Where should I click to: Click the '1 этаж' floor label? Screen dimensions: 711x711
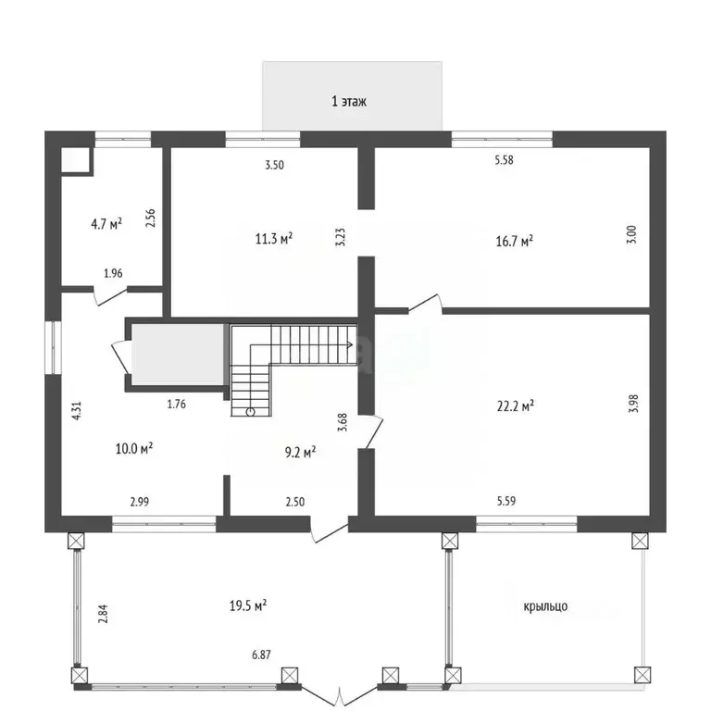349,101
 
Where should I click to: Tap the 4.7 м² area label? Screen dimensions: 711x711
106,223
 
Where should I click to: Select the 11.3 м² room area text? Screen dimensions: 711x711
274,238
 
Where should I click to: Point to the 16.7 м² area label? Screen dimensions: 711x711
514,241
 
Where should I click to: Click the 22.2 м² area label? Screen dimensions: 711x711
516,405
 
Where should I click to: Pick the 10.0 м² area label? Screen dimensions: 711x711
134,448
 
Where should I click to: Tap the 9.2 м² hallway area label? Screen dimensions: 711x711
300,452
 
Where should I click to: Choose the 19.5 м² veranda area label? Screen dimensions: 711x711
248,605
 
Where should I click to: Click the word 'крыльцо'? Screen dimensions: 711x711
545,606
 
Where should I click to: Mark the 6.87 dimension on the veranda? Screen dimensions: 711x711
262,655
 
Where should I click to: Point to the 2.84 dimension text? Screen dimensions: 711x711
104,614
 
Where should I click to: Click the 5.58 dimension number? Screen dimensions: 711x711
505,159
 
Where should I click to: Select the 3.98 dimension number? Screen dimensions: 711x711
633,403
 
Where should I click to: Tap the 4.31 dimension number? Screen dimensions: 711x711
77,411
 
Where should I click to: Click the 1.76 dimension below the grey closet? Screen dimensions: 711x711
177,404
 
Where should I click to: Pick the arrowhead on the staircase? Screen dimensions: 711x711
350,344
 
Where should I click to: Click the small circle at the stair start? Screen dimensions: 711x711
250,412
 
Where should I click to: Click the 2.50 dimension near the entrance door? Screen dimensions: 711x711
295,502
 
